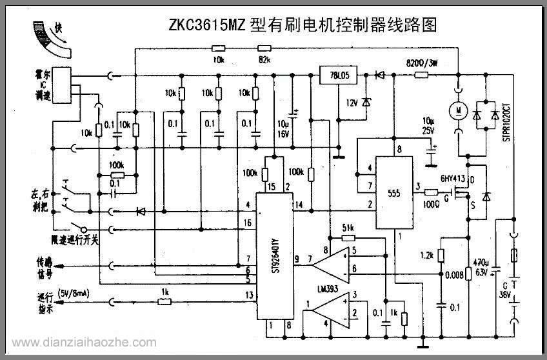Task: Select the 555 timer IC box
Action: coord(395,193)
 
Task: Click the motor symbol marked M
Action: coord(457,111)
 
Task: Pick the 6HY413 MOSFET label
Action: coord(453,179)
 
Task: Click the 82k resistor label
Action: coord(263,59)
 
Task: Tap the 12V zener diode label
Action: coord(352,103)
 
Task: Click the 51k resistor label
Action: coord(348,228)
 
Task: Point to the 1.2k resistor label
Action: coord(426,255)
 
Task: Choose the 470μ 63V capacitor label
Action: coord(481,268)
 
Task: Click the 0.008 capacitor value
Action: coord(455,275)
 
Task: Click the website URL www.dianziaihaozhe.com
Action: coord(85,343)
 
